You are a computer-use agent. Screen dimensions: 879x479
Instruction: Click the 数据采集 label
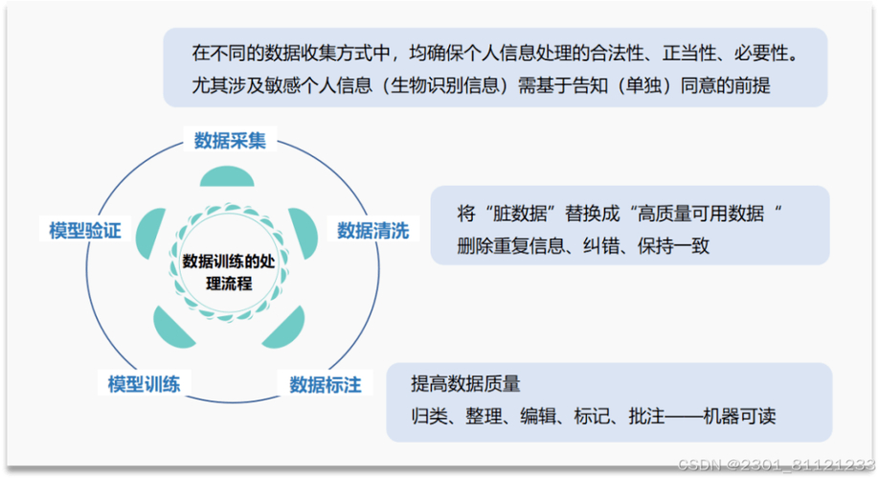tap(230, 140)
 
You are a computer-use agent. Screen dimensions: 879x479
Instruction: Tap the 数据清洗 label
tap(372, 231)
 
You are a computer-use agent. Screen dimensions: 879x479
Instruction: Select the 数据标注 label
tap(326, 385)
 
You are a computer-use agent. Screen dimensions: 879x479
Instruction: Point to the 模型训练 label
tap(144, 384)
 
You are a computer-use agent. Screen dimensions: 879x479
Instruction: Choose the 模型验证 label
tap(85, 231)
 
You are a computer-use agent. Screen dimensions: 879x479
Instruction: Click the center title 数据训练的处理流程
tap(229, 273)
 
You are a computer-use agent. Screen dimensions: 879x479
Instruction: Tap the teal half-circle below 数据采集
tap(227, 176)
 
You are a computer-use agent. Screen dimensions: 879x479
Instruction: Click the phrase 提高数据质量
tap(465, 384)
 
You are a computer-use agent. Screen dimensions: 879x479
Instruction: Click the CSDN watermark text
tap(776, 465)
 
